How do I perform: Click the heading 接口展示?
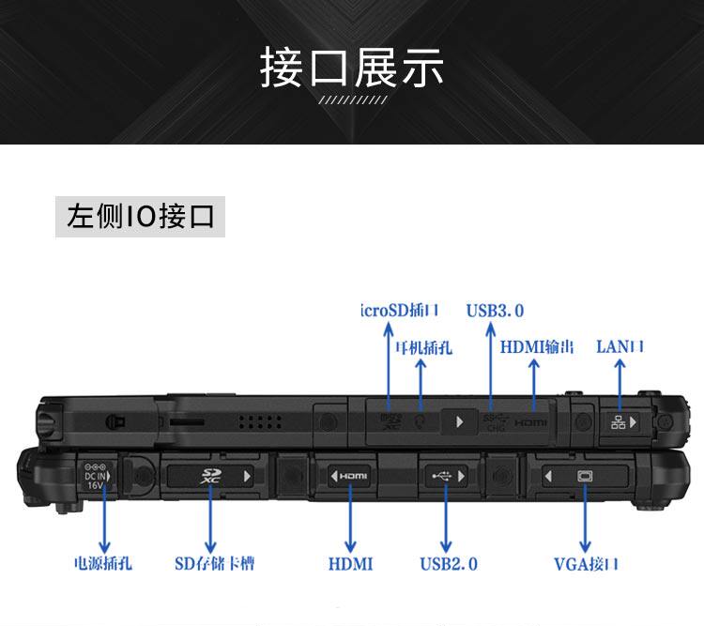(352, 69)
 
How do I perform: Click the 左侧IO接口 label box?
(140, 217)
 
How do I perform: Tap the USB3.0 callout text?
(495, 311)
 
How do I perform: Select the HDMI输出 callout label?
(536, 346)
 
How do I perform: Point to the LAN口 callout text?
(620, 346)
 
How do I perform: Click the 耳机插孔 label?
(422, 347)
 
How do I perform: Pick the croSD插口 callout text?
(400, 311)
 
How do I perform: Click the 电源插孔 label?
(103, 563)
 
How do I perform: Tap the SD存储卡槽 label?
(214, 563)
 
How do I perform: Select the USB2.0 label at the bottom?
(449, 563)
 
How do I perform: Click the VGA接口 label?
(586, 564)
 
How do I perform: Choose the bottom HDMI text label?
(350, 563)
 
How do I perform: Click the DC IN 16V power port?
(96, 477)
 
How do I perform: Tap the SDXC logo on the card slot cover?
(208, 476)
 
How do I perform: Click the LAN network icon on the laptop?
(618, 422)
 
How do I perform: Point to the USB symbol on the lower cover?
(442, 476)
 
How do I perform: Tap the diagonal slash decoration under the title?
(352, 100)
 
